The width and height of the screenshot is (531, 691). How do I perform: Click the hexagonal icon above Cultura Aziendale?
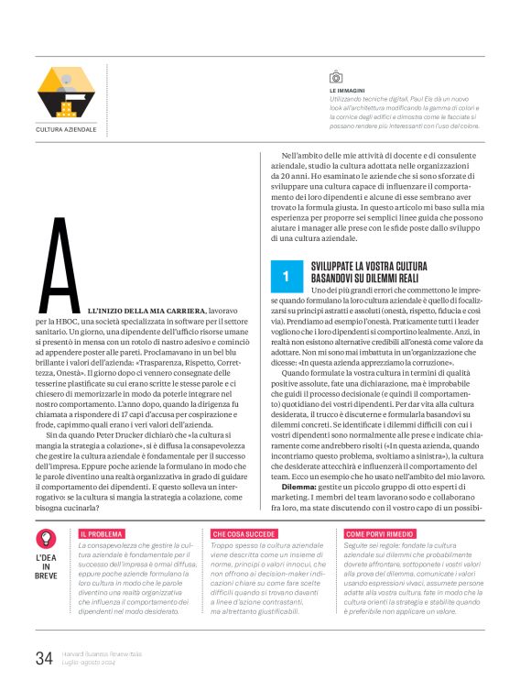[x=66, y=92]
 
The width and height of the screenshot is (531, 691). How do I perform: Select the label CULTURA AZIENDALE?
[x=66, y=130]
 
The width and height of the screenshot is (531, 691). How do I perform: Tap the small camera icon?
[x=335, y=76]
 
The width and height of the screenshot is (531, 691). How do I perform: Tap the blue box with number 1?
[x=287, y=275]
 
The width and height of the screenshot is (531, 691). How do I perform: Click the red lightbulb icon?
[x=46, y=541]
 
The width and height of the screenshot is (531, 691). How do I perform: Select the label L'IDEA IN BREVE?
[x=46, y=566]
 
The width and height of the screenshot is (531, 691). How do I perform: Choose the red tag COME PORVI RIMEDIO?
[x=375, y=532]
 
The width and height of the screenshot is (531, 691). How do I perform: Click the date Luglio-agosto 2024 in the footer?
[x=89, y=663]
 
